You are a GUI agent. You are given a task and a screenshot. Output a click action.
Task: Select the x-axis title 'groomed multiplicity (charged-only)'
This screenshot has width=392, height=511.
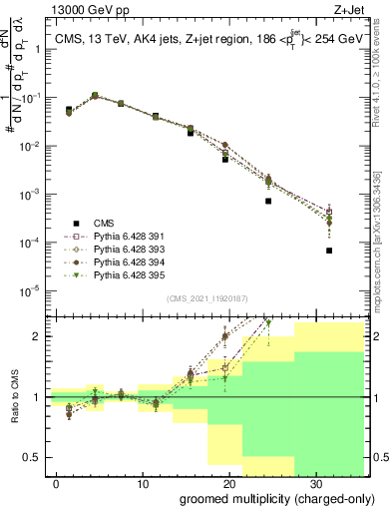pyautogui.click(x=263, y=498)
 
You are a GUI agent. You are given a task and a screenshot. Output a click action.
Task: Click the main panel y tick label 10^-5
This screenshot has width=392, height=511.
pyautogui.click(x=33, y=291)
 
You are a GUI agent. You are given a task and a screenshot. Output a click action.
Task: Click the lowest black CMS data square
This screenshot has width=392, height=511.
pyautogui.click(x=329, y=251)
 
